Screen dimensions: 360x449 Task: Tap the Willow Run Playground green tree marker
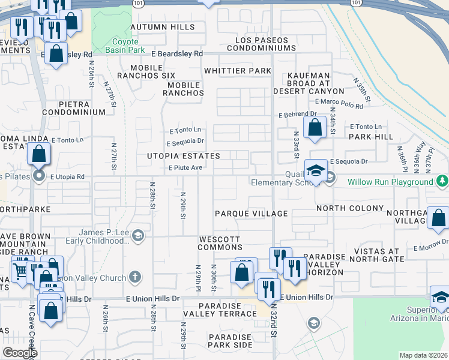(x=442, y=181)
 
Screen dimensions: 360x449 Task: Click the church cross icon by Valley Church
(x=136, y=277)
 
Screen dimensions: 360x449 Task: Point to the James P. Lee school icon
(x=139, y=235)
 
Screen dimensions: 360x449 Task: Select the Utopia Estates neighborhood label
(x=184, y=156)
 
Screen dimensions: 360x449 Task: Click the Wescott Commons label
(x=220, y=244)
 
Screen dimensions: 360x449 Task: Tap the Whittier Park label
(x=238, y=71)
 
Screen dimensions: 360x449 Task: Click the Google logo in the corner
(x=20, y=353)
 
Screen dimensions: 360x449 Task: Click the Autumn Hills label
(x=162, y=28)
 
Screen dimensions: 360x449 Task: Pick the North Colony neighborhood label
(x=350, y=208)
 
